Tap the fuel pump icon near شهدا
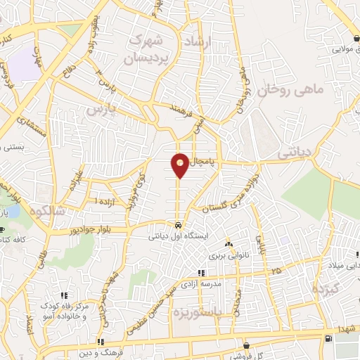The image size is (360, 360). pos(328,339)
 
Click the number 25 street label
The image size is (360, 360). pos(276,270)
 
